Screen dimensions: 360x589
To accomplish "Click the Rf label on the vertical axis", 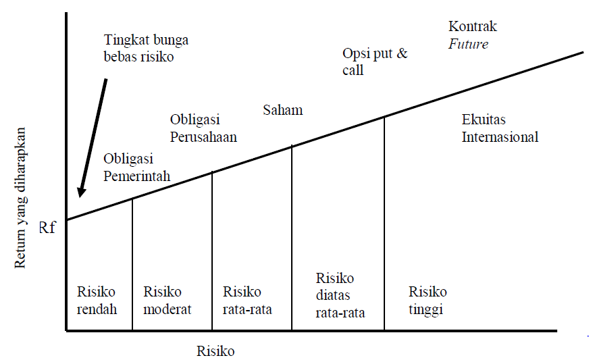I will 47,228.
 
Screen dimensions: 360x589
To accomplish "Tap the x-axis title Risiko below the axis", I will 215,351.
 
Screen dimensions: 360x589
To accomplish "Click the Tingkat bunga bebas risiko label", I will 146,49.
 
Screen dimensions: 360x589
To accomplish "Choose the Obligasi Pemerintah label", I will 136,168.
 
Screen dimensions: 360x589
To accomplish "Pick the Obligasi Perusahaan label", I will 203,128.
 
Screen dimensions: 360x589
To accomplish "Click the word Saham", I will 282,109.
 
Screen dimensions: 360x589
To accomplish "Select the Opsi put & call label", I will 374,61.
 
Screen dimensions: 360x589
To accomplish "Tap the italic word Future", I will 468,45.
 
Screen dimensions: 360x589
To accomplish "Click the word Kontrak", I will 472,27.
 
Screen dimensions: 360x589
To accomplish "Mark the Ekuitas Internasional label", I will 500,128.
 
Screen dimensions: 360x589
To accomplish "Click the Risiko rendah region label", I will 97,301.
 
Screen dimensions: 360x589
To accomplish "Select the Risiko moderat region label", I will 167,301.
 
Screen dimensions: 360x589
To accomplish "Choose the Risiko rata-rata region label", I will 247,301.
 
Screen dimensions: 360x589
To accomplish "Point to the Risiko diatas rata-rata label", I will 340,295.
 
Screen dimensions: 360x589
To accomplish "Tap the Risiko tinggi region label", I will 428,301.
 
